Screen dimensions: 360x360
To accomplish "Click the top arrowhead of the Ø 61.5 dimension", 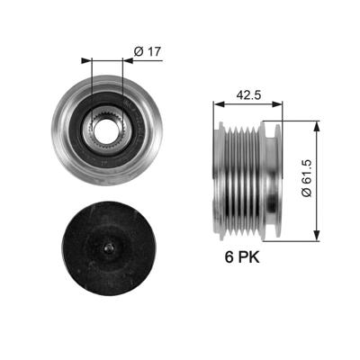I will click(316, 123).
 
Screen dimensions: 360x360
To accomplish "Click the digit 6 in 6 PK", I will click(229, 256).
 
